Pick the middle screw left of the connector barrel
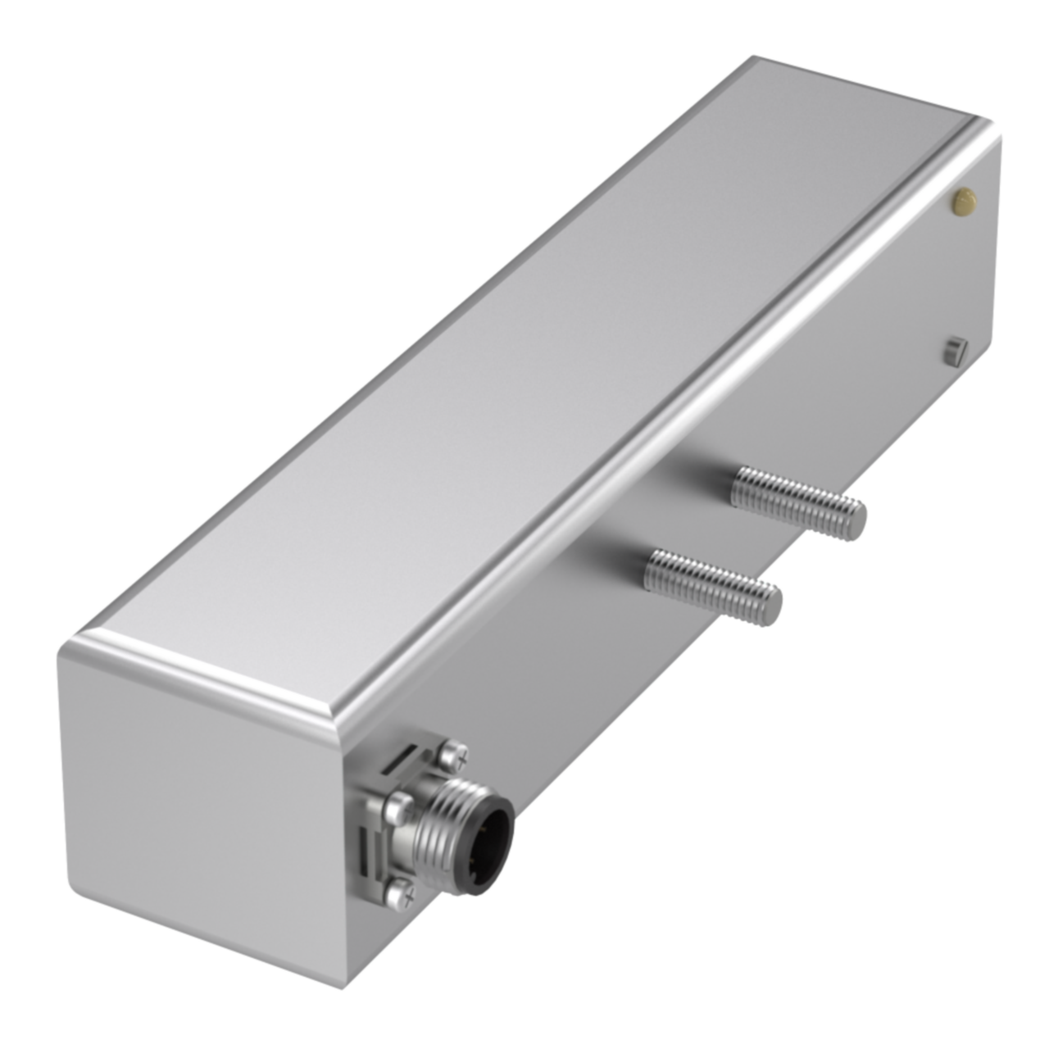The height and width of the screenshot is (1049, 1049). pos(400,806)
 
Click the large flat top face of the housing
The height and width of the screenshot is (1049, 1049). pos(524,369)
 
